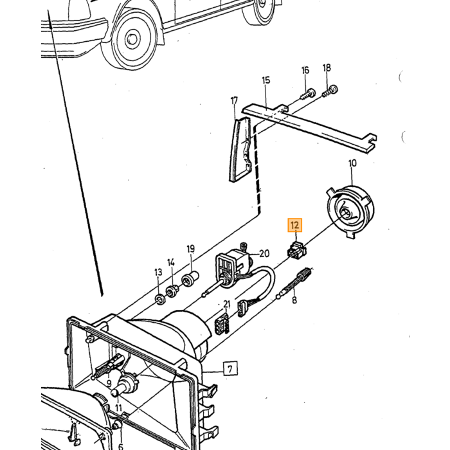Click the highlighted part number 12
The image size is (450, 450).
point(295,225)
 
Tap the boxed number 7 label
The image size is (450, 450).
point(230,369)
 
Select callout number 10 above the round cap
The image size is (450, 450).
point(352,163)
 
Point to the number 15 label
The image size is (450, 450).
point(266,80)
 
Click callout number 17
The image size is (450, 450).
point(234,101)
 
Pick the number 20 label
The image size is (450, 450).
point(264,254)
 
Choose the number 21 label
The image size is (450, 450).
point(227,304)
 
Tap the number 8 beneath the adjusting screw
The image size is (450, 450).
point(294,300)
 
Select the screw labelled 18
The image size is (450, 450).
point(330,91)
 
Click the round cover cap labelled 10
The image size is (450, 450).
point(351,211)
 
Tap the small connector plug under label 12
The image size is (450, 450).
point(297,250)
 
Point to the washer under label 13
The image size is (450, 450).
point(159,300)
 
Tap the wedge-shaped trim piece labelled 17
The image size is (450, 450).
point(240,150)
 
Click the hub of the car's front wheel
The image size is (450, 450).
point(132,39)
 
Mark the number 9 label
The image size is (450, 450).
point(109,382)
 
